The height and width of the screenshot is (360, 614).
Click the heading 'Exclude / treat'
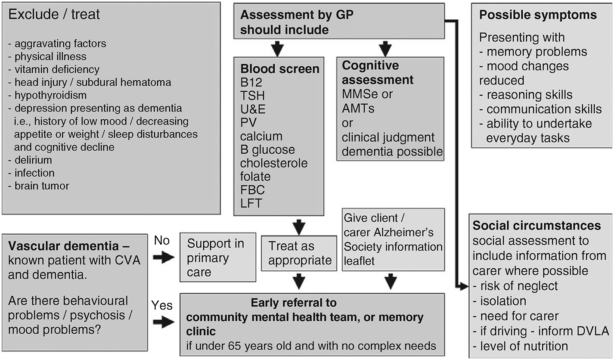pos(54,15)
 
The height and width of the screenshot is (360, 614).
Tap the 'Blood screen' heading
pos(280,69)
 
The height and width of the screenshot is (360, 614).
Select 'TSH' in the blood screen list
pos(253,96)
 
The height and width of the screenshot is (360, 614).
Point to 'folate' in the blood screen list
pos(255,177)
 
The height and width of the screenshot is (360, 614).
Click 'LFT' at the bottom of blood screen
pos(251,203)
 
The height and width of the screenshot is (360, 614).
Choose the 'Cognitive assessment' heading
pos(378,73)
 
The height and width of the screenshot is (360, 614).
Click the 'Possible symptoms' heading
pos(538,15)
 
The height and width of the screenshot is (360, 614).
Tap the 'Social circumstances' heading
pos(537,226)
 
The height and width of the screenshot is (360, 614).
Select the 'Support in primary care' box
pos(216,258)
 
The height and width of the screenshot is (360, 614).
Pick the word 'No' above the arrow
pos(162,241)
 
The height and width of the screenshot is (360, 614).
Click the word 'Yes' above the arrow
pos(162,306)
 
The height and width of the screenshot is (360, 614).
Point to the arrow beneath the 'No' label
pos(164,258)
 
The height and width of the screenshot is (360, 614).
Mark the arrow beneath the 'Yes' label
pos(164,322)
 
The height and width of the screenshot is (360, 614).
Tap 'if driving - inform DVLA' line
pos(540,331)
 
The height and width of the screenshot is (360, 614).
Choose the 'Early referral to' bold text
pos(294,303)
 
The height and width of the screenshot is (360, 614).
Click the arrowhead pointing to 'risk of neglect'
pos(464,286)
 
